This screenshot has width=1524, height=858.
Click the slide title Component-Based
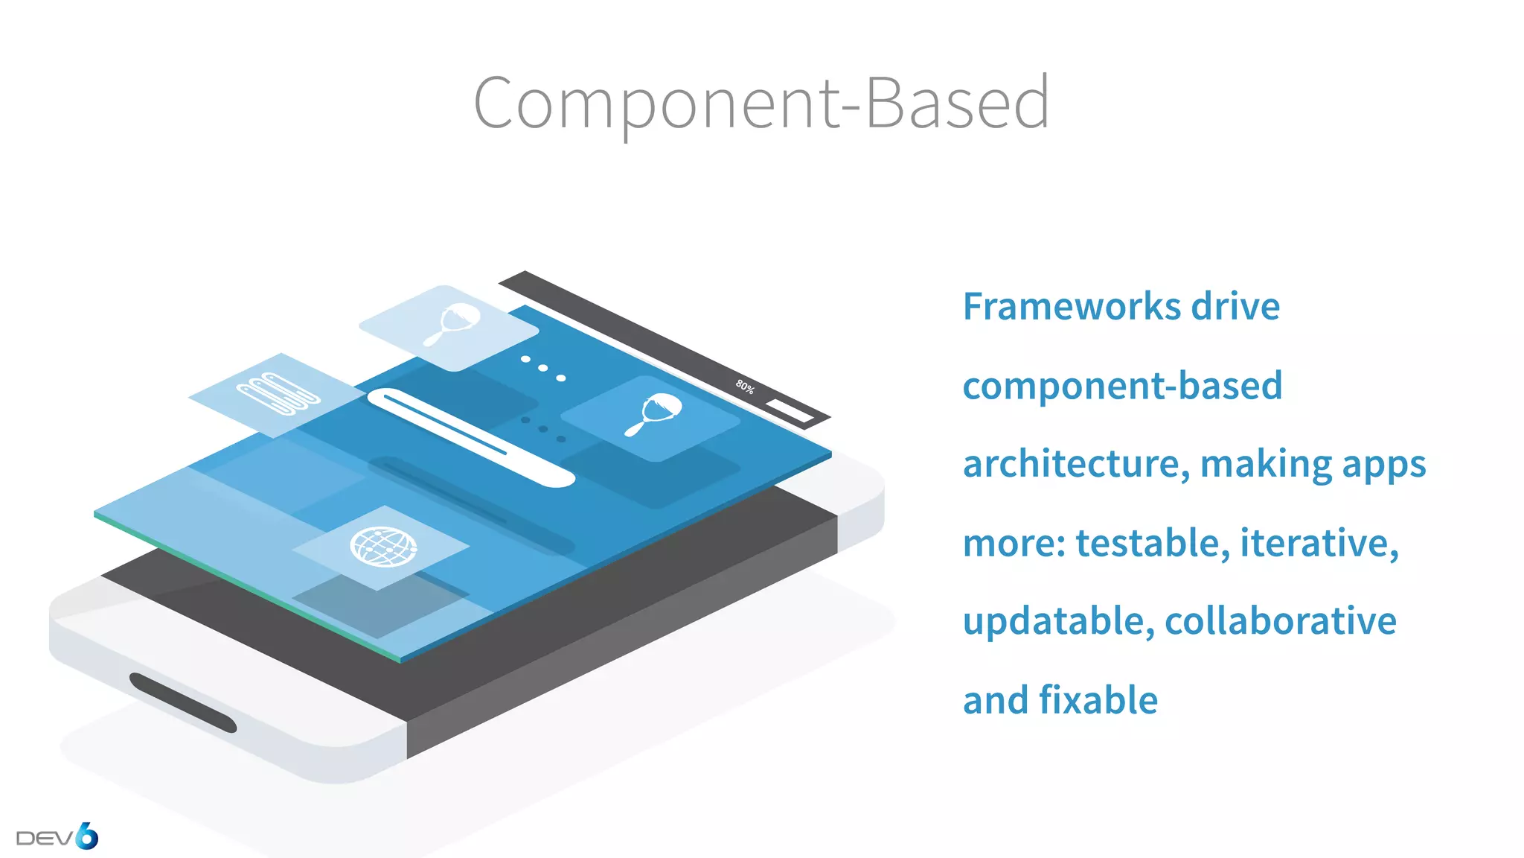click(x=761, y=103)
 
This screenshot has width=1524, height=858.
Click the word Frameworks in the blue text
click(x=1072, y=306)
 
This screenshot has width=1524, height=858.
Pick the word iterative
click(x=1319, y=542)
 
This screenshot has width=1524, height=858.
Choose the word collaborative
click(x=1280, y=621)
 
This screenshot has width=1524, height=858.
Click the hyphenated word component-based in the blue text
click(x=1122, y=386)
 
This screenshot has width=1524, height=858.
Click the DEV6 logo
click(x=57, y=837)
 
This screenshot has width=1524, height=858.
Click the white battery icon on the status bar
click(x=790, y=410)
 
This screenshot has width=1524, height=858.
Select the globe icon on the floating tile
click(x=383, y=547)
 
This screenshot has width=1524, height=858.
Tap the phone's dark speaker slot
click(x=183, y=702)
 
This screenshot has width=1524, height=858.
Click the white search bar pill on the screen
click(x=470, y=438)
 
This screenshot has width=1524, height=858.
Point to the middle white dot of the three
click(x=543, y=368)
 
